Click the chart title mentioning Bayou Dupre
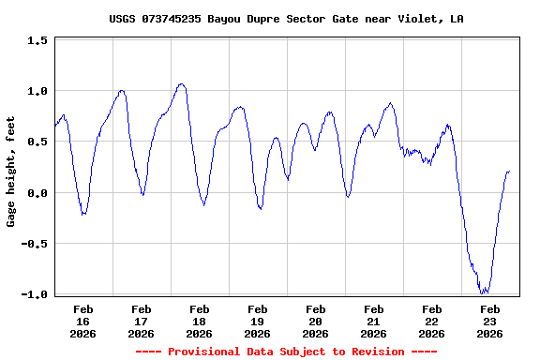pos(286,19)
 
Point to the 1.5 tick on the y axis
pos(37,41)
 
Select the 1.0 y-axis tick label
pos(37,92)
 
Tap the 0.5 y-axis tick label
pos(37,142)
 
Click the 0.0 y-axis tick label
pos(37,193)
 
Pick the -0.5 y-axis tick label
pos(34,244)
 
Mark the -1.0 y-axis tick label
pos(34,294)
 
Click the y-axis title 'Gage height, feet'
pos(12,178)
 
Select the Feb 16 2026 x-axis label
pos(83,321)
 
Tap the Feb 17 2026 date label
pos(142,321)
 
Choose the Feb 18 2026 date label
pos(200,321)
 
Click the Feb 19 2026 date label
pos(258,321)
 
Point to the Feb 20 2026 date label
pos(316,321)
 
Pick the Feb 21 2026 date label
pos(374,321)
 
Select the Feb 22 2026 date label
pos(432,321)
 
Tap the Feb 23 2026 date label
pos(490,321)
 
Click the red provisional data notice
pos(286,352)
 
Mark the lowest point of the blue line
pos(484,293)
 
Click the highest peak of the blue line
pos(181,84)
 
